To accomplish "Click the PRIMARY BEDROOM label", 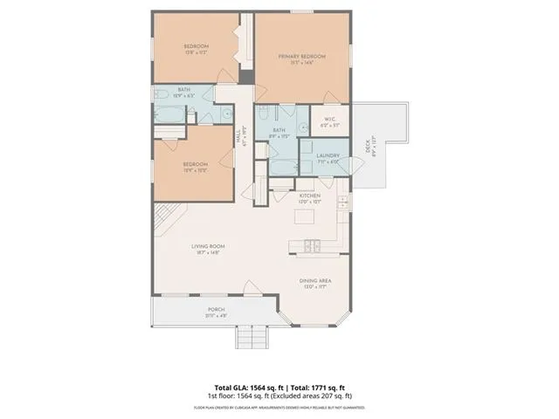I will point(301,57).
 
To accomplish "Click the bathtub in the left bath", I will point(167,113).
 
